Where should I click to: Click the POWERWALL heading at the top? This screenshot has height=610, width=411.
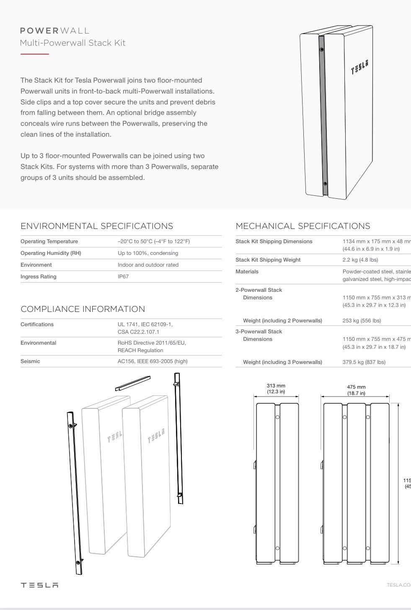tap(55, 31)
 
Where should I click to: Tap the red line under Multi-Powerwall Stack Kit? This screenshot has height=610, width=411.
tap(35, 54)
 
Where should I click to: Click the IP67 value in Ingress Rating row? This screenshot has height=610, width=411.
tap(123, 277)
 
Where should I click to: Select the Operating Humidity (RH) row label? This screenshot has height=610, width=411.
tap(51, 253)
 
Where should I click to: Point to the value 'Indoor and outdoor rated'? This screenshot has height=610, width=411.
tap(148, 265)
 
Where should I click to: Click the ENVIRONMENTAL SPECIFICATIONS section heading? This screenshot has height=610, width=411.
tap(97, 226)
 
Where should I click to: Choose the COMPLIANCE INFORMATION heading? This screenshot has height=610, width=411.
tap(83, 309)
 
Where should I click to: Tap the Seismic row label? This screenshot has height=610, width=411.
tap(30, 361)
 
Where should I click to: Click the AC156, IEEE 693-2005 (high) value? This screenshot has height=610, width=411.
tap(153, 361)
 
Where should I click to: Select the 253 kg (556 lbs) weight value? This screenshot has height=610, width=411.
tap(362, 321)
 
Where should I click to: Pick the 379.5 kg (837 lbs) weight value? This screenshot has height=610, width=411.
tap(364, 362)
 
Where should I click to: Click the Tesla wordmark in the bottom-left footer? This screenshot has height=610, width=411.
tap(39, 585)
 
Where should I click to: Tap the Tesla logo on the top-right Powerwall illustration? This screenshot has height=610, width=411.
tap(359, 66)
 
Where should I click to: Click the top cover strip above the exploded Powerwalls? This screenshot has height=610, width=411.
tap(133, 383)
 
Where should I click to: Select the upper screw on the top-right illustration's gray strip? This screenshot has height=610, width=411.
tap(321, 49)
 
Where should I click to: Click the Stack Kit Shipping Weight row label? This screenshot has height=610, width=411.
tap(268, 260)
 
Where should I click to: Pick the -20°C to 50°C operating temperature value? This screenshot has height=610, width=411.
tap(153, 241)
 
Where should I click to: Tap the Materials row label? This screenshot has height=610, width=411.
tap(247, 272)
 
